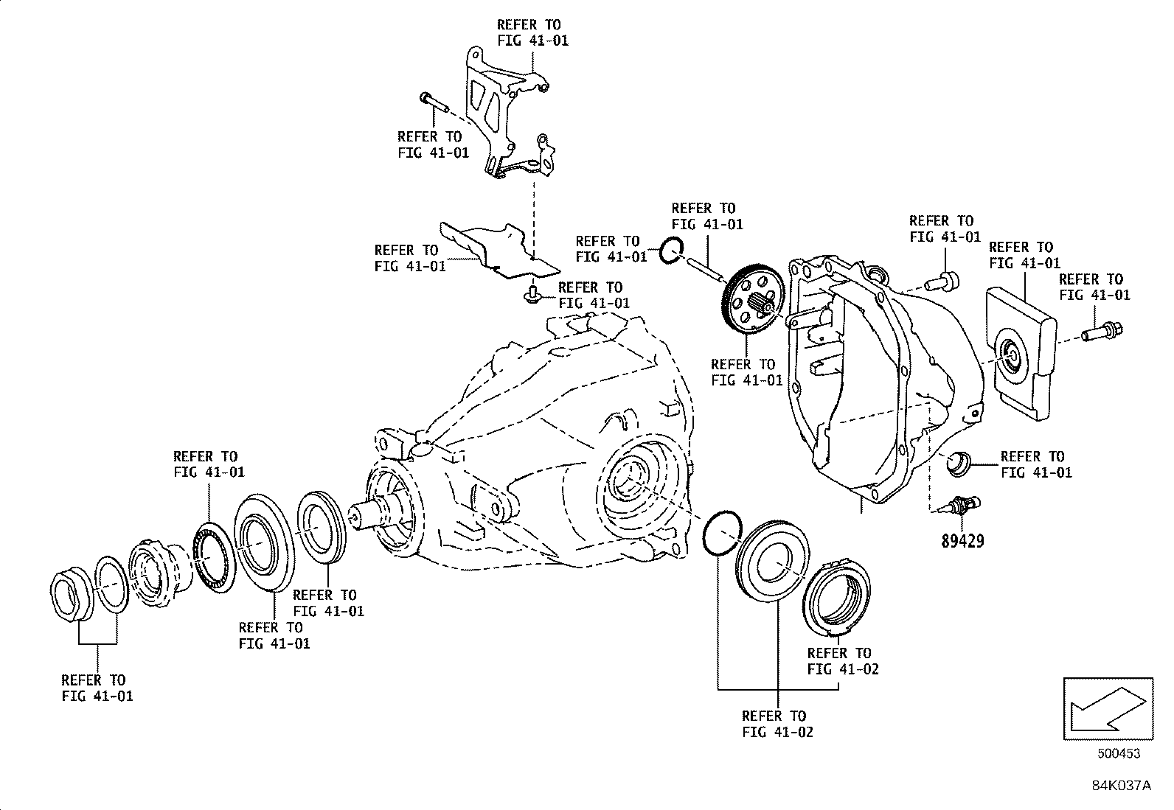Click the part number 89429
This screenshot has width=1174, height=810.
(962, 542)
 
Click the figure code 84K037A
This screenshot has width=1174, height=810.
(1121, 786)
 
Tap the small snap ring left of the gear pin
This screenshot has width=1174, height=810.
(672, 251)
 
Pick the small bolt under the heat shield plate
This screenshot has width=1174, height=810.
(531, 296)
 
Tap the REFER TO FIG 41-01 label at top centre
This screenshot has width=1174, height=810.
(532, 33)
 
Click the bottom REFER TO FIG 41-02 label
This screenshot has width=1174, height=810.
(777, 724)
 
